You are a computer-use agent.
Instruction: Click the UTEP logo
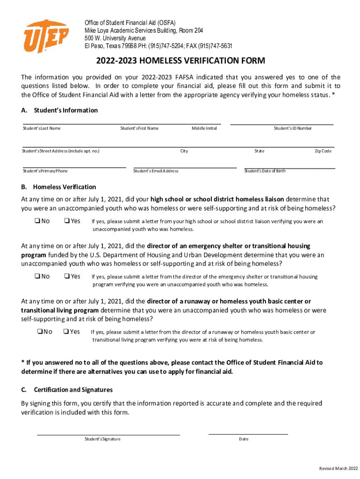[x=46, y=36]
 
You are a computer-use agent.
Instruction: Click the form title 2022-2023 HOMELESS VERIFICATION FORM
[x=181, y=61]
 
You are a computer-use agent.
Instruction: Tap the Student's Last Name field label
[x=42, y=128]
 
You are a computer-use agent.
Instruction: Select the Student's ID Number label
[x=293, y=128]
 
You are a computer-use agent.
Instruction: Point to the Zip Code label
[x=323, y=151]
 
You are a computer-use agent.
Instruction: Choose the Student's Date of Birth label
[x=265, y=171]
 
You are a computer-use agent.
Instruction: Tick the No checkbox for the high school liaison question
[x=36, y=221]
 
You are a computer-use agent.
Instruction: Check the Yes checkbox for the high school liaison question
[x=66, y=221]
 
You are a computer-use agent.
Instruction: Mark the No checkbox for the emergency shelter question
[x=36, y=276]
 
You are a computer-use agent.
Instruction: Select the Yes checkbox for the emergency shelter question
[x=66, y=276]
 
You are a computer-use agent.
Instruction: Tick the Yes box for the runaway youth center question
[x=66, y=332]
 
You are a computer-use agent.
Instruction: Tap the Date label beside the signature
[x=244, y=439]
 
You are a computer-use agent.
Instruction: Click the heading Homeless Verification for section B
[x=65, y=187]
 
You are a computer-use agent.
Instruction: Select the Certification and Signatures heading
[x=73, y=390]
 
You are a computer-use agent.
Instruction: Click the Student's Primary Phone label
[x=45, y=171]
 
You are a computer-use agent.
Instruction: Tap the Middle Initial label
[x=204, y=128]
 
